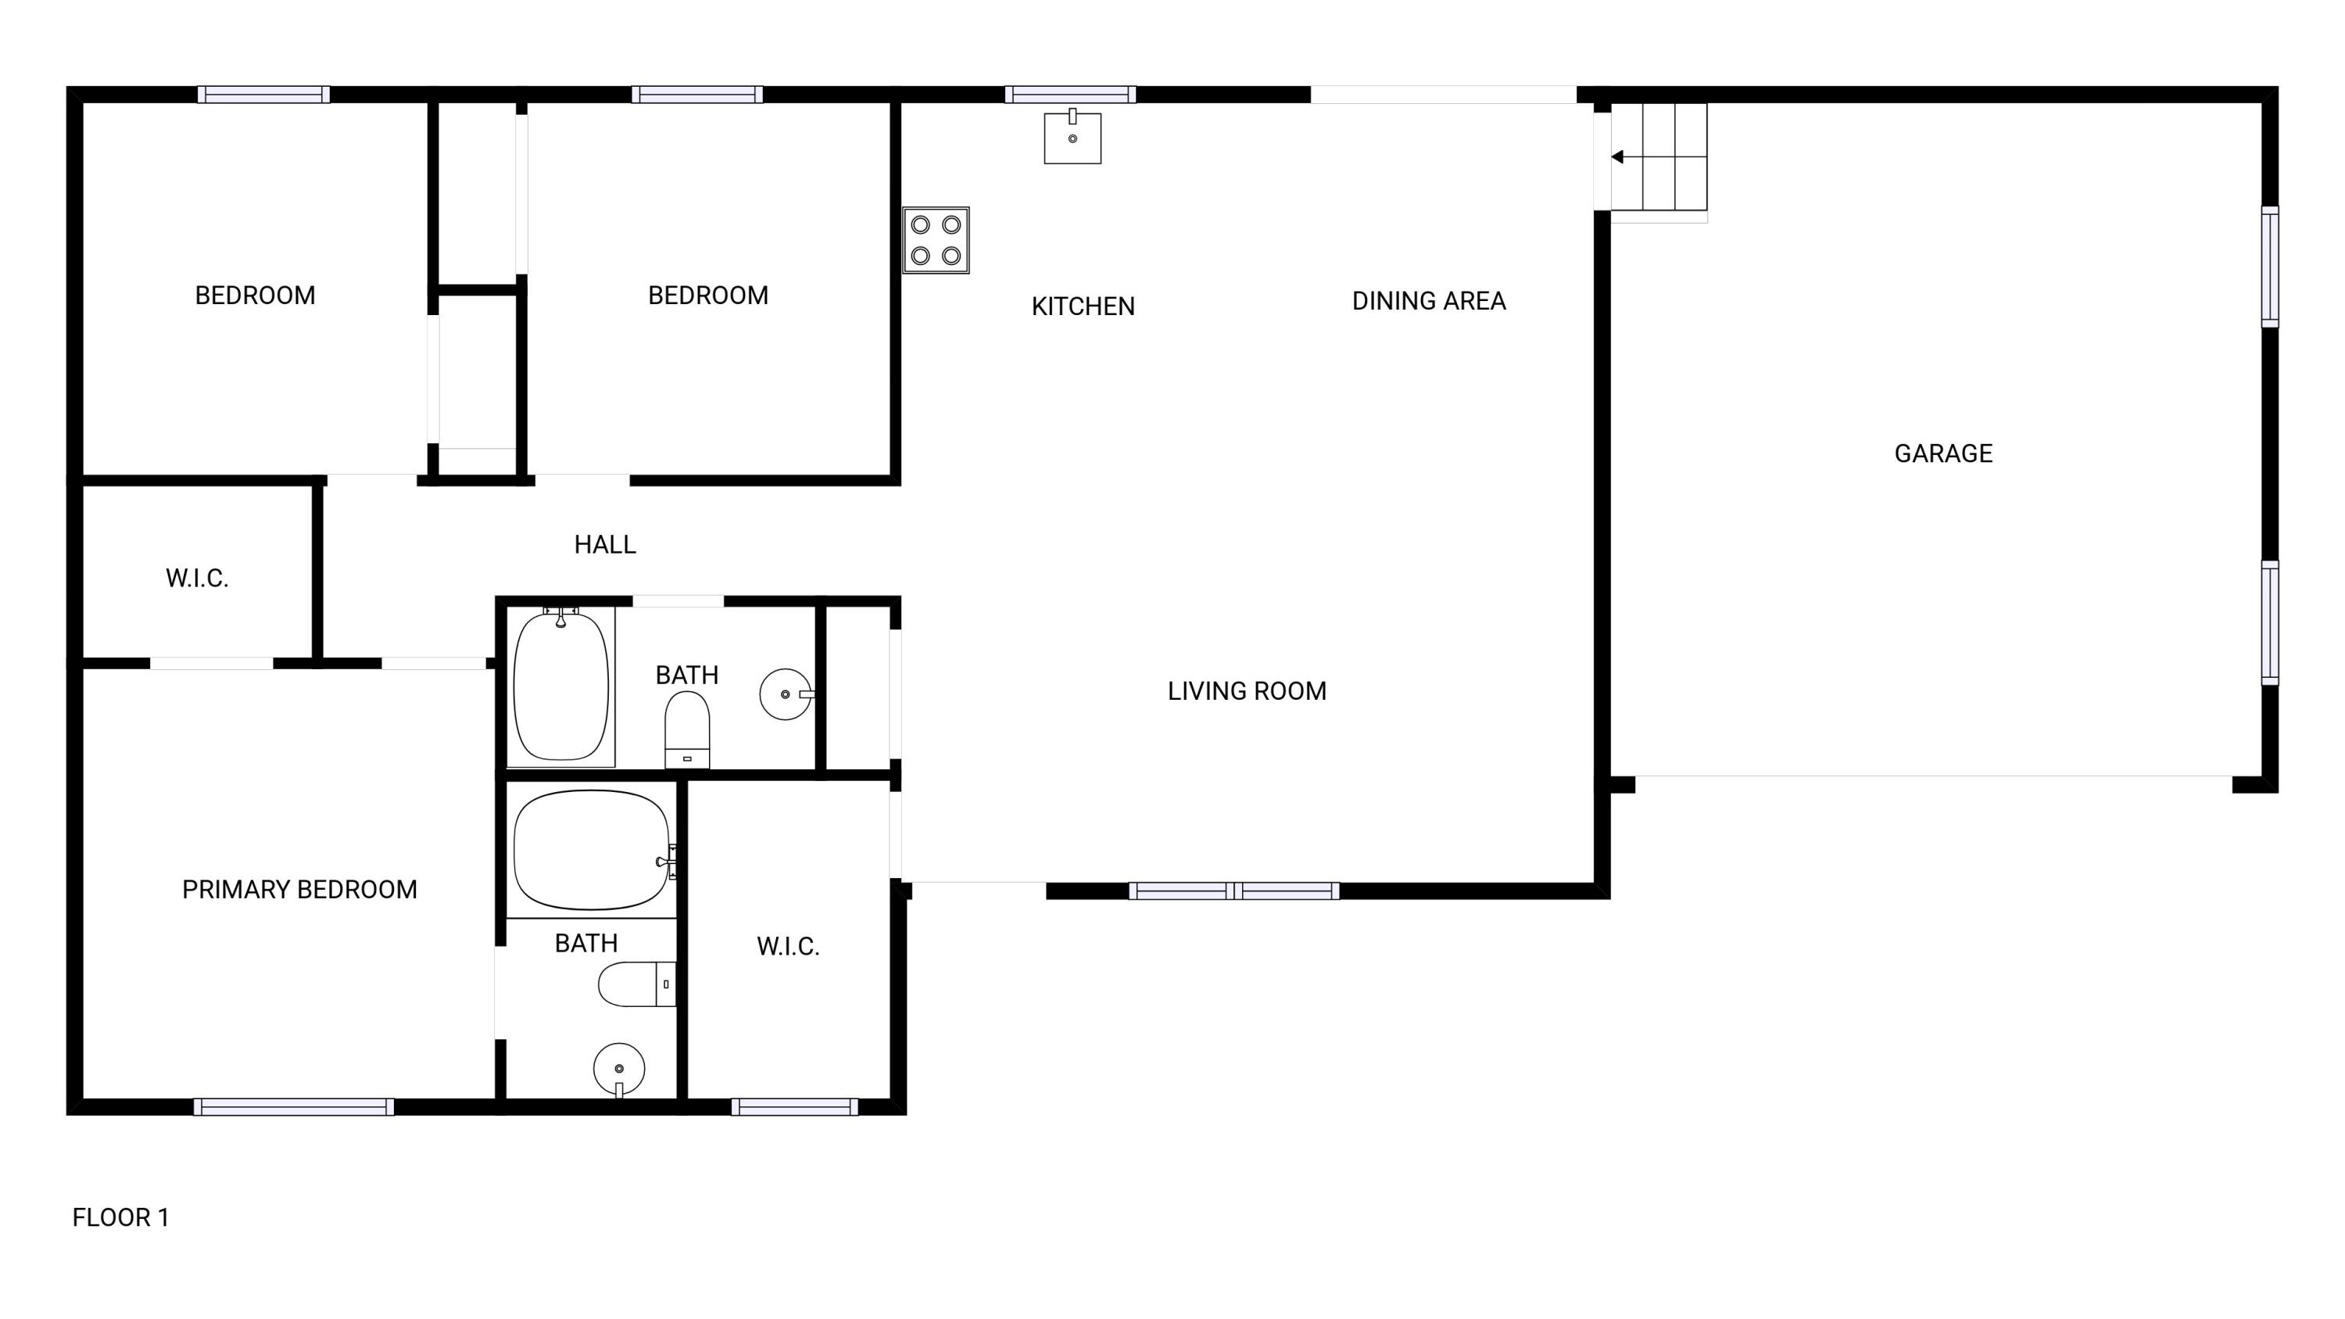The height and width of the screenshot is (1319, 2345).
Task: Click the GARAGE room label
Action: [x=1942, y=453]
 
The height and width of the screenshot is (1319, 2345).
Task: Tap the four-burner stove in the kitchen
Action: [x=936, y=240]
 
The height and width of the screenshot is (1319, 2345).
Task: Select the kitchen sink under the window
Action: [x=1072, y=138]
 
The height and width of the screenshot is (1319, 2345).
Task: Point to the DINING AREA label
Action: [x=1428, y=301]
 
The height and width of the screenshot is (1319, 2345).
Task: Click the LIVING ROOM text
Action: [x=1246, y=691]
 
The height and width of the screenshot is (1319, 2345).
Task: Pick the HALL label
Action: [x=604, y=544]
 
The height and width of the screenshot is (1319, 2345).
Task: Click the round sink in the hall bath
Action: [x=786, y=694]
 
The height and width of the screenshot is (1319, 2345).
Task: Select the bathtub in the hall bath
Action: [x=560, y=686]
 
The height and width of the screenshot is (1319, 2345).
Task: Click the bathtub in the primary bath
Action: [x=592, y=850]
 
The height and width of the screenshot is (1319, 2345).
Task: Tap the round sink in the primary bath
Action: [x=619, y=1069]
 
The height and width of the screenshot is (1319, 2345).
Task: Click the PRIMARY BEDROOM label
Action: [x=299, y=889]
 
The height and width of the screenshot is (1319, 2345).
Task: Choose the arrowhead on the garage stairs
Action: [x=1617, y=157]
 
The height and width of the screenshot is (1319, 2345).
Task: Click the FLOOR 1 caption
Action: [x=121, y=1217]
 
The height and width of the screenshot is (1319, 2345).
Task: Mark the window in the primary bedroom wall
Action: [x=293, y=1107]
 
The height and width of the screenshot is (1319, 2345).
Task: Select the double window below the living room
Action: [x=1233, y=891]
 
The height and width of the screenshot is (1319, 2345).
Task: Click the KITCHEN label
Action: [x=1083, y=306]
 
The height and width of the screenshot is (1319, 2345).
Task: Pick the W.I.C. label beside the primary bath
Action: [x=787, y=947]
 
